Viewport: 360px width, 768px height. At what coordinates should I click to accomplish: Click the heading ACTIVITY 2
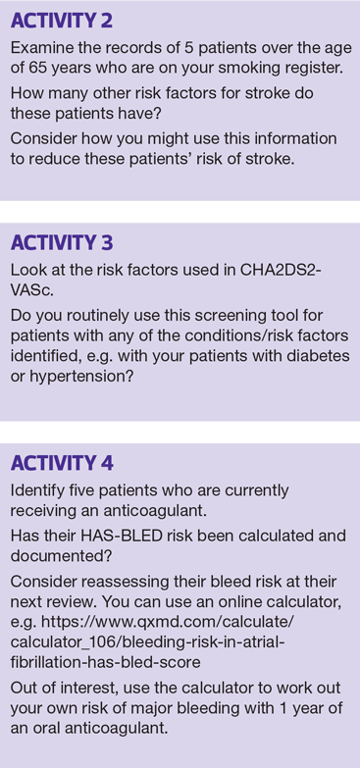pos(61,21)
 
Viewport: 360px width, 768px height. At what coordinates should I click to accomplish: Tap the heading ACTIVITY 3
pos(62,242)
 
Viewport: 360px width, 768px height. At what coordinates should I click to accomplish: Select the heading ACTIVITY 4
pos(62,463)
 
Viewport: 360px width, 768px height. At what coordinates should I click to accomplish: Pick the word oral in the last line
pos(47,728)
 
